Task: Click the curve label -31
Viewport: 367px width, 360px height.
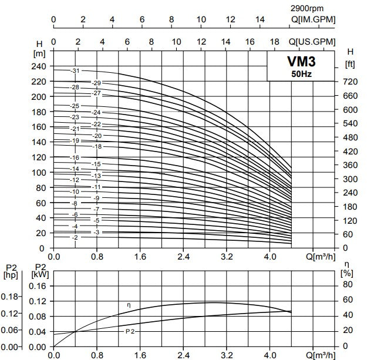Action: click(75, 70)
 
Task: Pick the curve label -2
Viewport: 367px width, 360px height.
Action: click(75, 237)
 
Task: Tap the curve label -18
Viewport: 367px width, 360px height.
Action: click(97, 146)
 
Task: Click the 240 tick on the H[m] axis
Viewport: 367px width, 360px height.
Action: click(39, 66)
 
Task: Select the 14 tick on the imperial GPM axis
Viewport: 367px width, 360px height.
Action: click(260, 19)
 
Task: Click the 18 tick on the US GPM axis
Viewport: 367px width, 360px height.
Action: click(274, 42)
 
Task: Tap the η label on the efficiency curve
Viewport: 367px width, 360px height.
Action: click(129, 305)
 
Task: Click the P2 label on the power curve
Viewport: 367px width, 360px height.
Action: click(130, 332)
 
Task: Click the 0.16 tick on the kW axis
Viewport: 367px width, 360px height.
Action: click(37, 286)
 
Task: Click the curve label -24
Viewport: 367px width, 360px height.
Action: click(97, 112)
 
